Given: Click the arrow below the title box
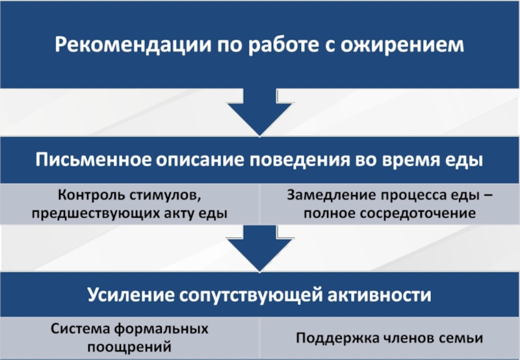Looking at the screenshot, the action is (259, 112).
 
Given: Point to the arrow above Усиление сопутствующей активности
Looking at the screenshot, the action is (259, 248).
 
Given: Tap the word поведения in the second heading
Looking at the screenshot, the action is (300, 161).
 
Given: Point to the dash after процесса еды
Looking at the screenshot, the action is (488, 196).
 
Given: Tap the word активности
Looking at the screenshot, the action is (380, 294).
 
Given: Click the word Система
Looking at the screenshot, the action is (80, 329).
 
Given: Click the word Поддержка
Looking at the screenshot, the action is (337, 338).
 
